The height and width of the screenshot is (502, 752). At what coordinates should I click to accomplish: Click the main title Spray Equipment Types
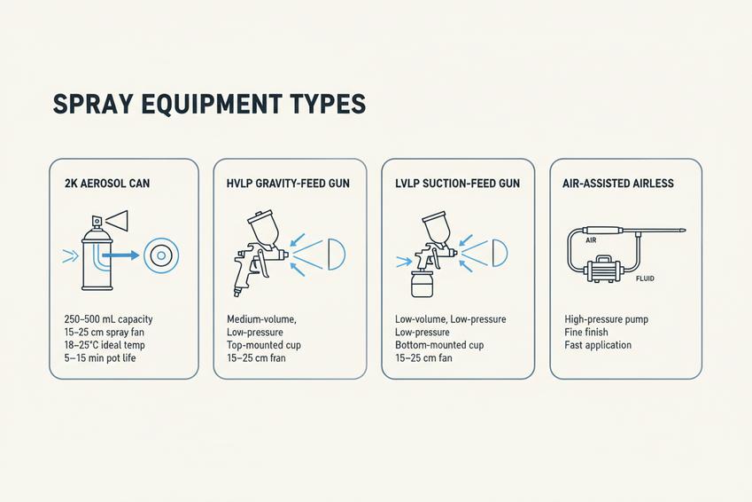click(x=209, y=105)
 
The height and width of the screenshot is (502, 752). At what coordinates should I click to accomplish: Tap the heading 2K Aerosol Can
click(x=107, y=183)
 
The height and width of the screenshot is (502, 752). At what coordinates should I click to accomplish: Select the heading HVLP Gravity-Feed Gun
click(x=288, y=183)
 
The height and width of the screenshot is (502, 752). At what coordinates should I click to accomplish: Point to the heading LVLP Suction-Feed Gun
click(x=458, y=183)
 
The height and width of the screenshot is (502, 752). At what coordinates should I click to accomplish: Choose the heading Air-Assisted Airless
click(x=618, y=183)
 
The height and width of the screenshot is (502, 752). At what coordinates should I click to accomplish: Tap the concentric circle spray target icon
click(x=161, y=255)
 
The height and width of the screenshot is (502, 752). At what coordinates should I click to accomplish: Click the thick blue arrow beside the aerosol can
click(x=120, y=255)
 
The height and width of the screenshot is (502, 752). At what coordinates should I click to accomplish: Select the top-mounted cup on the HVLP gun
click(x=263, y=228)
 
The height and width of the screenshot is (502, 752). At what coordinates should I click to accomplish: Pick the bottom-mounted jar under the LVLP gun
click(x=423, y=284)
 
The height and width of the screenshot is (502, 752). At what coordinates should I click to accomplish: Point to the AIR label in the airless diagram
click(x=591, y=240)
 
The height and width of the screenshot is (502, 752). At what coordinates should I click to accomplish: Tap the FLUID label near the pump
click(x=645, y=278)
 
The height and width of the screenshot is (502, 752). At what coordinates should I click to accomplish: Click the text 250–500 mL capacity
click(x=108, y=319)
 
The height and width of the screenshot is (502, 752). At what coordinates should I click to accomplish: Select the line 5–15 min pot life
click(x=100, y=358)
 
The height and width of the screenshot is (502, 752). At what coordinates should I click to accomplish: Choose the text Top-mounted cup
click(x=264, y=345)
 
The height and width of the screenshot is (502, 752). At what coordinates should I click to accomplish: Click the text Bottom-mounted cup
click(x=439, y=345)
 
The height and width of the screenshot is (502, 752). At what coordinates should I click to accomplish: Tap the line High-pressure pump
click(x=606, y=319)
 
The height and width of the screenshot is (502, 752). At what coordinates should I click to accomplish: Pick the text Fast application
click(x=598, y=345)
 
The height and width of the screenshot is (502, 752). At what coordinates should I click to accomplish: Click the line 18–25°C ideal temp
click(x=105, y=345)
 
